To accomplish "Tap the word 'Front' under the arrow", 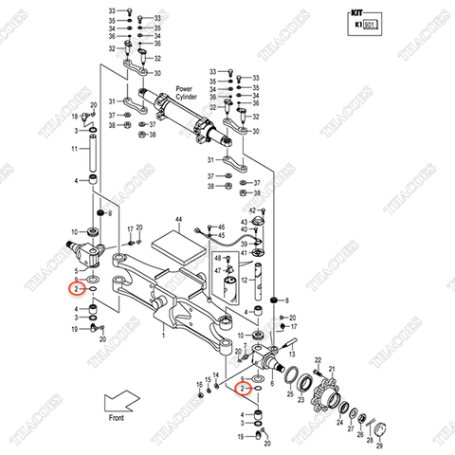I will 117,416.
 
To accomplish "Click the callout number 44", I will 177,219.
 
